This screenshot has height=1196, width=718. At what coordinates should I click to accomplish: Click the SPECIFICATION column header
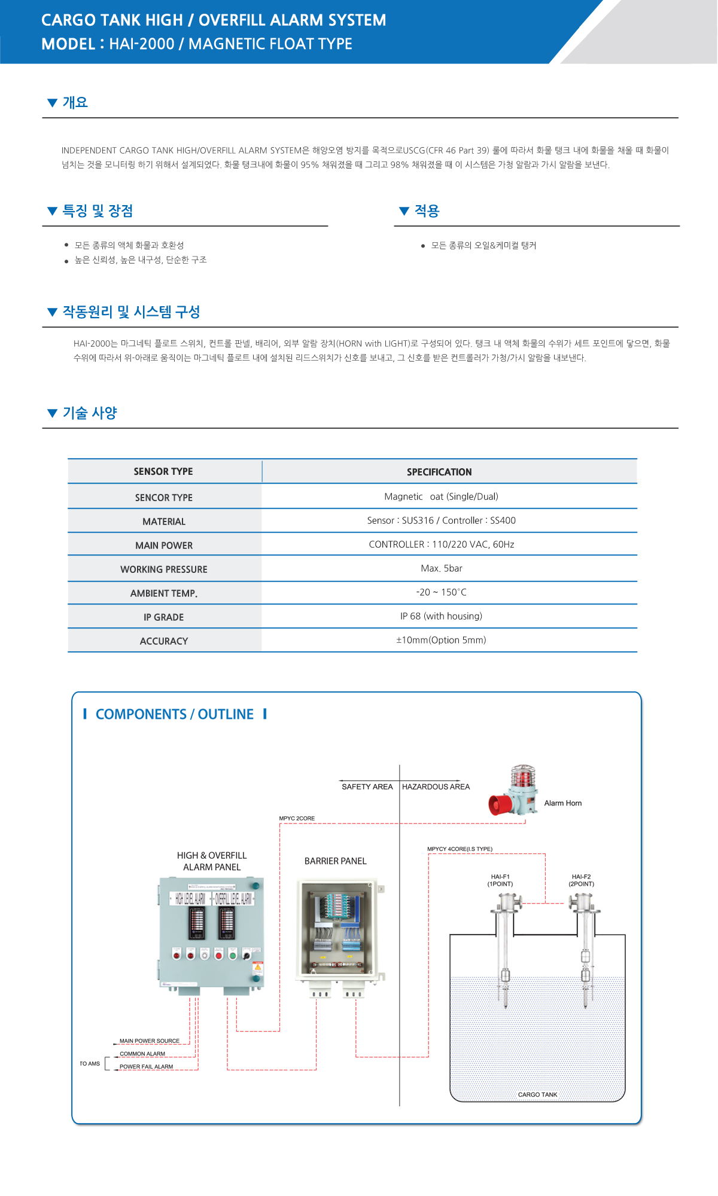pos(439,472)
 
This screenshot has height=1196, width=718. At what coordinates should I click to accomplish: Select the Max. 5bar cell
pos(441,568)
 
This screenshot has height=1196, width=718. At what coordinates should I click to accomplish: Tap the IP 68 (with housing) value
pos(441,616)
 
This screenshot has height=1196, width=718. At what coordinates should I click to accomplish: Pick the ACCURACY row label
pos(163,641)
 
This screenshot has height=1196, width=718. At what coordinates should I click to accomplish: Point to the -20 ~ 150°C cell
pos(441,592)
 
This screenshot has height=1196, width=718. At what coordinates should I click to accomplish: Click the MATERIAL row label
pos(163,521)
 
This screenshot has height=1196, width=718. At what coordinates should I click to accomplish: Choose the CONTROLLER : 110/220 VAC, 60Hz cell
pos(441,544)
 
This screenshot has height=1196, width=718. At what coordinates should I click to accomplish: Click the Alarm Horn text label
pos(562,803)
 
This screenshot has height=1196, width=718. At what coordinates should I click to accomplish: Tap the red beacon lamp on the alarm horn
pos(523,777)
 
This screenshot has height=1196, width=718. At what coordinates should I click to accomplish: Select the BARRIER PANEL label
pos(335,861)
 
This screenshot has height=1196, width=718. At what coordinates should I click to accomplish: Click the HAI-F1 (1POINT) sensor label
pos(500,880)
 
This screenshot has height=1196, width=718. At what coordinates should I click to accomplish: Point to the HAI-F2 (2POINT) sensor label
pos(581,880)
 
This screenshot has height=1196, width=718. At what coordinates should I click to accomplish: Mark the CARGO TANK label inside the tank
pos(537,1094)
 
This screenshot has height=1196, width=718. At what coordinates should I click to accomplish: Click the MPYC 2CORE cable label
pos(297,818)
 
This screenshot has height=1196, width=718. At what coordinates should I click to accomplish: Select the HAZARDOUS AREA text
pos(436,786)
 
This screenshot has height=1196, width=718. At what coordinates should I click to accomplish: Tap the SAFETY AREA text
pos(367,786)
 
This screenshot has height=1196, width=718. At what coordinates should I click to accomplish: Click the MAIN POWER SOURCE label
pos(149,1041)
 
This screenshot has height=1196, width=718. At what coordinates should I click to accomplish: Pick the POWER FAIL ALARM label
pos(146,1066)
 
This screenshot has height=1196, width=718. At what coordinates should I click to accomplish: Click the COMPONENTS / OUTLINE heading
pos(174,714)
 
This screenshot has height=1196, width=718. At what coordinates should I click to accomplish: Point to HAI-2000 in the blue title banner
pos(142,44)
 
